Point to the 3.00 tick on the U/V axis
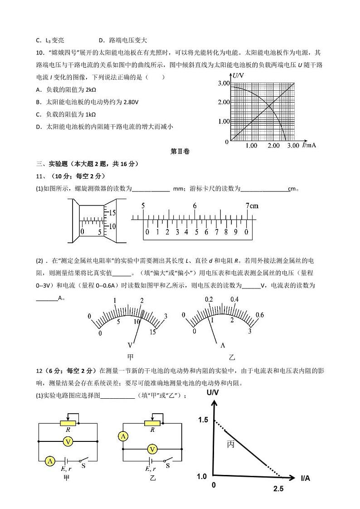point(224,83)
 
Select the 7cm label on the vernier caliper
point(252,206)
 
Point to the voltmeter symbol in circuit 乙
point(153,449)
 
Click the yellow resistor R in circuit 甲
point(68,423)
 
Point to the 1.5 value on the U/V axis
point(202,420)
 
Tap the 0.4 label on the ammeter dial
point(235,299)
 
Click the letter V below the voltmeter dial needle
point(131,344)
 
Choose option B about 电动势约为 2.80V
point(87,102)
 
